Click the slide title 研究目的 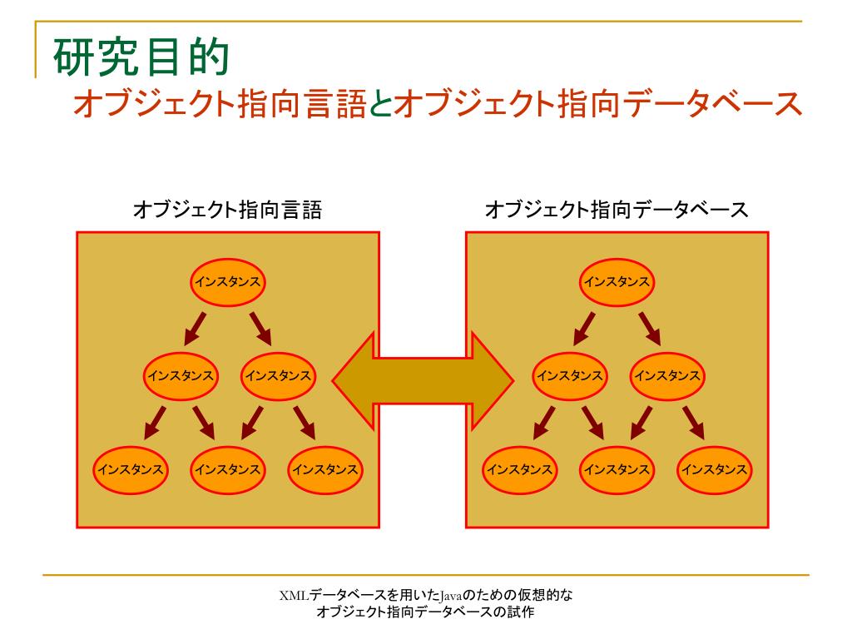pos(140,57)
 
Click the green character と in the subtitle pos(379,104)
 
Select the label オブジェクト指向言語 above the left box pos(227,210)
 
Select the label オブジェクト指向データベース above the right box pos(616,210)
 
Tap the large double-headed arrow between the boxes pos(424,380)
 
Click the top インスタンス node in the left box pos(227,282)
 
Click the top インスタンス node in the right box pos(617,282)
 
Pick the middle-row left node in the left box pos(180,376)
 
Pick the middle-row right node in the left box pos(277,376)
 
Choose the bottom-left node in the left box pos(131,470)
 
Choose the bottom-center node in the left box pos(227,470)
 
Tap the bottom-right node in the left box pos(324,470)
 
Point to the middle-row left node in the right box pos(569,376)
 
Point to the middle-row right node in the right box pos(666,376)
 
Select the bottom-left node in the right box pos(520,470)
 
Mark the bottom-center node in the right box pos(617,470)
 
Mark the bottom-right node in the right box pos(714,470)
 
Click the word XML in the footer pos(294,595)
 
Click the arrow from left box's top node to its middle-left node pos(196,328)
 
